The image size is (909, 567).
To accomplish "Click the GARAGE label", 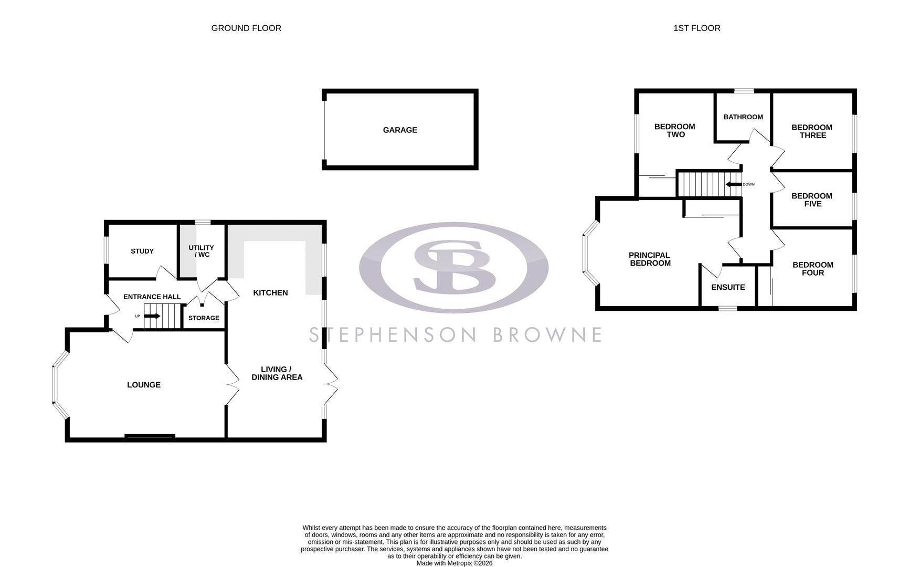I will [400, 130].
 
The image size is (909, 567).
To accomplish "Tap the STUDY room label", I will [142, 251].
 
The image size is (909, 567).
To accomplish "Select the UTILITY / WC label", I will [202, 251].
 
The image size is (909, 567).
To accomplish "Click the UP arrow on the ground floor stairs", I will [152, 316].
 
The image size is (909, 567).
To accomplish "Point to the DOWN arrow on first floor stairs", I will [733, 184].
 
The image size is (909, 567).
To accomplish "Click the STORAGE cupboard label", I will [204, 318].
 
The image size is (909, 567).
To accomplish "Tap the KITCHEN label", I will [270, 293].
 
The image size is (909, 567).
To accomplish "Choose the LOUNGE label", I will [144, 385].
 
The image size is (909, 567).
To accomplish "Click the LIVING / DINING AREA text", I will [277, 373].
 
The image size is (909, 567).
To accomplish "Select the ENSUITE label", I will [728, 288].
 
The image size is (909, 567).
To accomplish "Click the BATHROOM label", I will [743, 117].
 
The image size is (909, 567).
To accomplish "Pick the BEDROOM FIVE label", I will [812, 200].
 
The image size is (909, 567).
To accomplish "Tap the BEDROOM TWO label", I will [675, 131].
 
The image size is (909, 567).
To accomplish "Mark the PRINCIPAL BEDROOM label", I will [650, 259].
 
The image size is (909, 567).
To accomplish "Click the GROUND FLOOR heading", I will [246, 28].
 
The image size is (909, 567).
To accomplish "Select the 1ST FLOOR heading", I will [696, 28].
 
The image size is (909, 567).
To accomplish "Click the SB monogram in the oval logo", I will [454, 267].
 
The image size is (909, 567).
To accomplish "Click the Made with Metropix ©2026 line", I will [454, 563].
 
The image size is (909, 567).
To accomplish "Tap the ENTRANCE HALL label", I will [152, 297].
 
